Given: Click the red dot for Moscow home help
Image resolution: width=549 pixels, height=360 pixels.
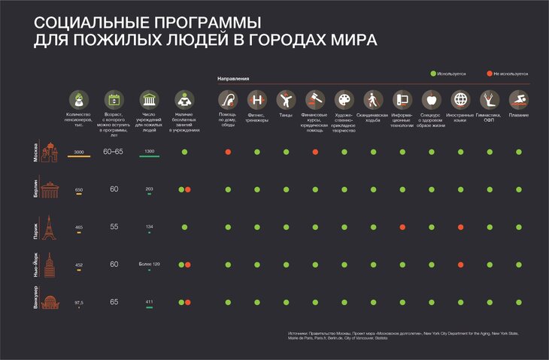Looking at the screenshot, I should click(x=228, y=153).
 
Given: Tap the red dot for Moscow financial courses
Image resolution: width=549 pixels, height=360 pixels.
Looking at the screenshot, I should click(x=315, y=153).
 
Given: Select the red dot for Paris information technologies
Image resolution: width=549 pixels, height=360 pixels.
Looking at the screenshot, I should click(x=402, y=227).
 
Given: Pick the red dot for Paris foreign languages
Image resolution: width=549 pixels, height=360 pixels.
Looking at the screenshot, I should click(x=460, y=227).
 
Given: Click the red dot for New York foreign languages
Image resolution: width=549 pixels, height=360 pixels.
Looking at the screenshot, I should click(x=460, y=265).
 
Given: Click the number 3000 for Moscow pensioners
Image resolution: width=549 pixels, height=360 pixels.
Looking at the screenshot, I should click(x=79, y=152).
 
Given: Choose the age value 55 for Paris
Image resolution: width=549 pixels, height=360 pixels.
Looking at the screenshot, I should click(x=114, y=226).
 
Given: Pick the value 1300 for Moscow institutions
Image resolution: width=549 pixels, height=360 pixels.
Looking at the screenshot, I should click(x=149, y=152).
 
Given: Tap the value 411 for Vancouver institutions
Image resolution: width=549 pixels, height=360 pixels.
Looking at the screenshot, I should click(x=149, y=301).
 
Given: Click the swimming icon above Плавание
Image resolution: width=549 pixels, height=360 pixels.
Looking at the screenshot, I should click(x=518, y=100).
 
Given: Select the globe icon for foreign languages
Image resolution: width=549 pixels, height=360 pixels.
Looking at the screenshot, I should click(x=460, y=100).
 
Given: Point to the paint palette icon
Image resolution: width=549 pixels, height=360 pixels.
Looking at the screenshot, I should click(x=344, y=100).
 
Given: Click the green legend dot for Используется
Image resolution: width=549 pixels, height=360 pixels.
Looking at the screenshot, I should click(x=434, y=74).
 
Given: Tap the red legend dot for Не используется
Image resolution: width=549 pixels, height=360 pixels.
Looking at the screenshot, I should click(x=490, y=74).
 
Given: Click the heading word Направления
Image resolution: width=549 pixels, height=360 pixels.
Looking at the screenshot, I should click(x=233, y=78).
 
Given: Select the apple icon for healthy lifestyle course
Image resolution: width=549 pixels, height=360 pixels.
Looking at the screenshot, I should click(x=431, y=100).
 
